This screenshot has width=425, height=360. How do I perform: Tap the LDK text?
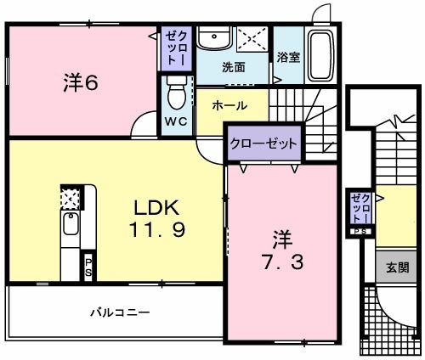tap(156, 208)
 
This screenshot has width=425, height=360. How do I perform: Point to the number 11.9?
tap(156, 229)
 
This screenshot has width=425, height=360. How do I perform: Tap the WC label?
tap(175, 121)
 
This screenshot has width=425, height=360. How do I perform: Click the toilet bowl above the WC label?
tap(176, 88)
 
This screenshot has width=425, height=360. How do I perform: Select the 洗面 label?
tap(234, 66)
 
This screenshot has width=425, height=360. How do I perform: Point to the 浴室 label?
tap(287, 57)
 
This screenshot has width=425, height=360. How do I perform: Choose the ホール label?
tap(229, 106)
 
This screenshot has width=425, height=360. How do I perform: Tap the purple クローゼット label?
tap(263, 143)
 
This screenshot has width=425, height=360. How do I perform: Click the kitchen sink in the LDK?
tap(70, 227)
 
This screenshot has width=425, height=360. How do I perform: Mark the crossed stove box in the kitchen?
tap(69, 198)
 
